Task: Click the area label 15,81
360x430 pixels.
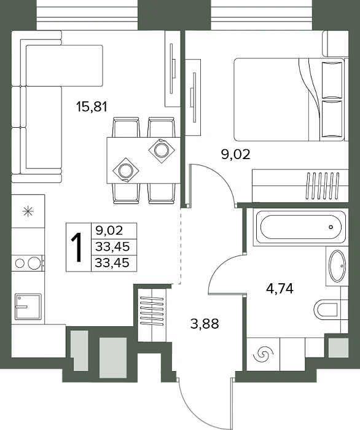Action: [92, 107]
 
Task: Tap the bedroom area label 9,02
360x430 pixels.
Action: [236, 155]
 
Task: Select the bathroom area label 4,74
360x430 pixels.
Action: [280, 289]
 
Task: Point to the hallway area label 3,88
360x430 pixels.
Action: [205, 324]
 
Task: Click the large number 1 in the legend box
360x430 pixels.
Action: [77, 248]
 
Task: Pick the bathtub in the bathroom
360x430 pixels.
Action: [300, 227]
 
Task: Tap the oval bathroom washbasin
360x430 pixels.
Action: [337, 265]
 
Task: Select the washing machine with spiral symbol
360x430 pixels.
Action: [263, 354]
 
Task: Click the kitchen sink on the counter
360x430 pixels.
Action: [28, 307]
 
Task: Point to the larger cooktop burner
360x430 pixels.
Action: [34, 263]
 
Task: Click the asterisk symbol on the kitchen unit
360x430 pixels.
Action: [28, 211]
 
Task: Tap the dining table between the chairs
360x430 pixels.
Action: [143, 160]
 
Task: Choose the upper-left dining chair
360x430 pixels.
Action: [126, 127]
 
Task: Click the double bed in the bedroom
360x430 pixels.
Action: [289, 100]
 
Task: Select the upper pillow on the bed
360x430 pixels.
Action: [332, 80]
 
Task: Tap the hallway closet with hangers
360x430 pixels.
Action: [152, 315]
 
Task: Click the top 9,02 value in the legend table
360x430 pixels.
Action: [109, 230]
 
